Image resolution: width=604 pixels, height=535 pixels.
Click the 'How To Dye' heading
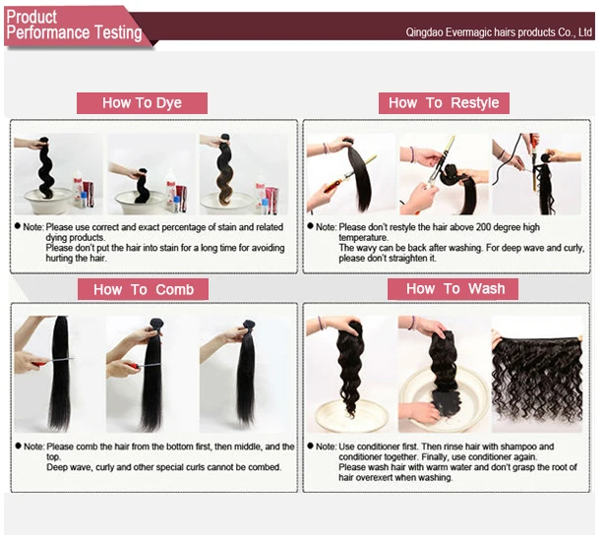coord(142,103)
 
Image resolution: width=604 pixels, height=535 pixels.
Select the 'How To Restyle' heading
coord(444,103)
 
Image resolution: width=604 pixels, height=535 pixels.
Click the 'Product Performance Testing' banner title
coord(74,26)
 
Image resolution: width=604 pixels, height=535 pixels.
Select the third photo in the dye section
coord(242,174)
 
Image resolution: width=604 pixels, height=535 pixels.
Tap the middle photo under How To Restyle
coord(445,174)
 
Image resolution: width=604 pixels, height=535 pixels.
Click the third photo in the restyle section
coord(536,174)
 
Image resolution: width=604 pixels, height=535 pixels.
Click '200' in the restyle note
coord(520,227)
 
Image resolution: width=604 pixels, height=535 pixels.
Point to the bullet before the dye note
coord(18,227)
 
